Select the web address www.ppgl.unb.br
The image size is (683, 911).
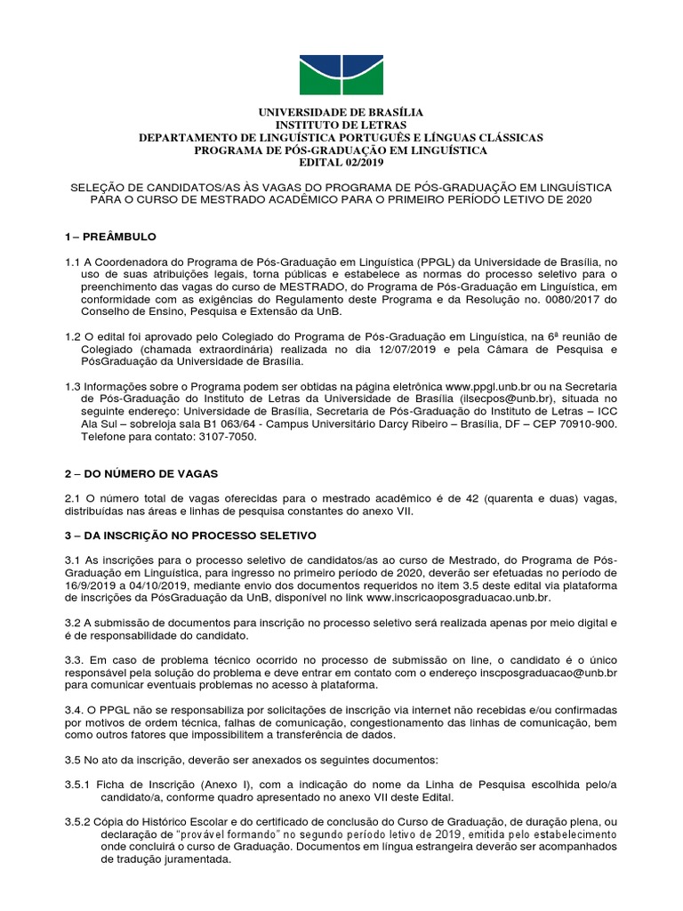pos(485,387)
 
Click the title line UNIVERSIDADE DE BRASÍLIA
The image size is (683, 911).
pos(341,112)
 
